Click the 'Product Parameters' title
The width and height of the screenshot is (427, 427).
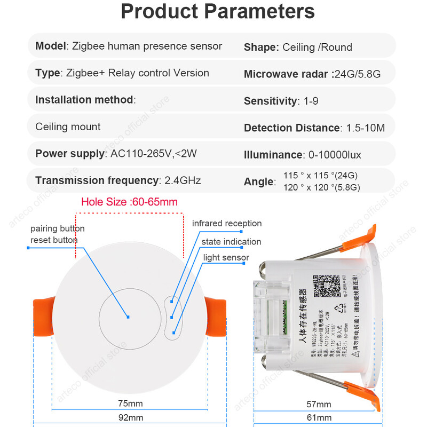pyautogui.click(x=218, y=12)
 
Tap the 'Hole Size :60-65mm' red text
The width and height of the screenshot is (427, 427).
pyautogui.click(x=129, y=202)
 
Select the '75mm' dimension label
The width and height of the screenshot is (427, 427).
pyautogui.click(x=130, y=402)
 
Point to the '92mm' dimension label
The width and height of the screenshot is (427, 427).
pyautogui.click(x=130, y=417)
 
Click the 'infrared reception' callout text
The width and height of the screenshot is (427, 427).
pyautogui.click(x=227, y=223)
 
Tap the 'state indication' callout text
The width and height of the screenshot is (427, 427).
pyautogui.click(x=231, y=242)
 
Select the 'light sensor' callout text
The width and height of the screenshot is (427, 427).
pyautogui.click(x=226, y=258)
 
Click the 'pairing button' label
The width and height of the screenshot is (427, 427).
pyautogui.click(x=58, y=228)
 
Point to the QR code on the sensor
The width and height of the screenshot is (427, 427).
pyautogui.click(x=326, y=287)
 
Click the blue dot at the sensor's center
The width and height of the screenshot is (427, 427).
pyautogui.click(x=129, y=317)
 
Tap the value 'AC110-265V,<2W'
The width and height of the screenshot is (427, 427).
pyautogui.click(x=154, y=154)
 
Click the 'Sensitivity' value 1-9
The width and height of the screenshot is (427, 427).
pyautogui.click(x=310, y=101)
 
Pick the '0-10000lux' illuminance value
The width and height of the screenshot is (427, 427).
pyautogui.click(x=335, y=155)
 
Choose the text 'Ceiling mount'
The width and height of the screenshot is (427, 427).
pyautogui.click(x=68, y=127)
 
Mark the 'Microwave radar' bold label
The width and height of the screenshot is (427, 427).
pyautogui.click(x=287, y=74)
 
